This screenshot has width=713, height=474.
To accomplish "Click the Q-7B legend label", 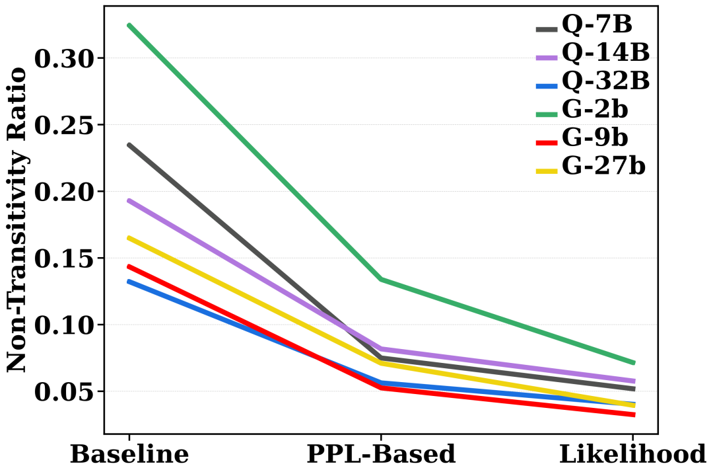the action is tap(597, 24).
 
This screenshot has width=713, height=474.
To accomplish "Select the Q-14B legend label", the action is tap(605, 52).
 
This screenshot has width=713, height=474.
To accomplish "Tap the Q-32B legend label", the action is tap(605, 81).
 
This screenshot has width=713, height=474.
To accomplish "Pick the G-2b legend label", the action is tap(595, 109).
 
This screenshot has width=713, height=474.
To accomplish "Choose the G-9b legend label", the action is tap(595, 137).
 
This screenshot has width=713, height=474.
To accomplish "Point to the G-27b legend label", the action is tap(603, 165).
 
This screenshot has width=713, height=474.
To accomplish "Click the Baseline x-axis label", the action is tap(129, 454).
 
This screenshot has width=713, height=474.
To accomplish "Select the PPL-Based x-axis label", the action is tap(381, 454).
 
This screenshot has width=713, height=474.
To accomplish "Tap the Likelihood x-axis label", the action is tap(632, 454).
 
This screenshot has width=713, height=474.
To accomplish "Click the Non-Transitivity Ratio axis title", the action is tap(17, 219).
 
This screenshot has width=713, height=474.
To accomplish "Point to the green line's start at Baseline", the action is tap(129, 25).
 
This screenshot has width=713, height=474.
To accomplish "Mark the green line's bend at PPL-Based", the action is tap(381, 279).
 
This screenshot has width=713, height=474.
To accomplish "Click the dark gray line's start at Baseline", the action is tap(129, 145).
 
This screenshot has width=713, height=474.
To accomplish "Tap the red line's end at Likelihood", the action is tap(633, 415).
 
